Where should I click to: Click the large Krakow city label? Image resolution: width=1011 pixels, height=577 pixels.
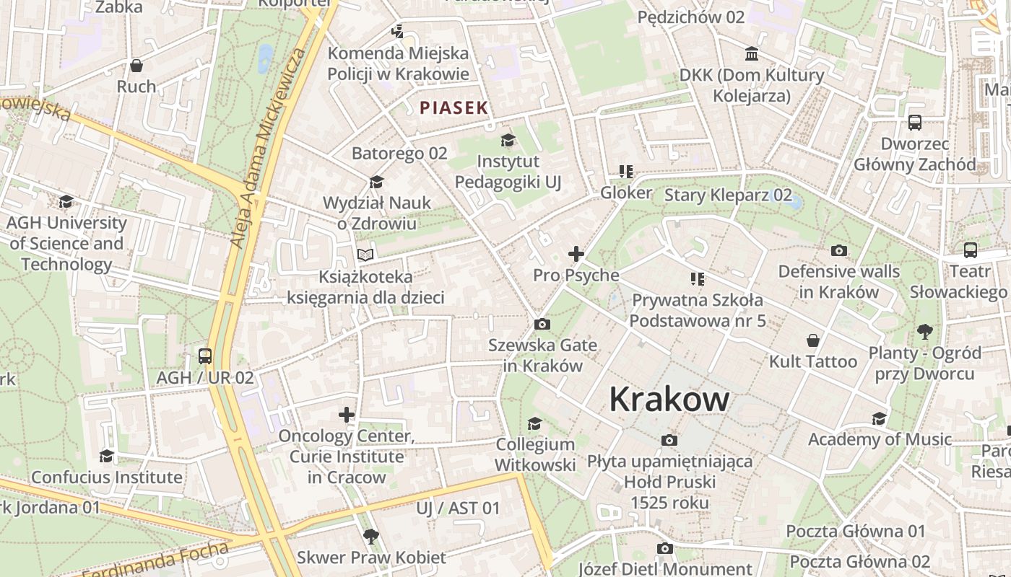(669, 399)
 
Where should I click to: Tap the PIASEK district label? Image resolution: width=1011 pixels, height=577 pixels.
(454, 108)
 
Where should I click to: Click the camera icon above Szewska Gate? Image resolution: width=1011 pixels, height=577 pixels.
(542, 325)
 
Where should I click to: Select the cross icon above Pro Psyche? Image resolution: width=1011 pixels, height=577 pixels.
(576, 254)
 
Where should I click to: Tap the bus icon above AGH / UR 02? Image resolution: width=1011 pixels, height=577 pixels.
(205, 356)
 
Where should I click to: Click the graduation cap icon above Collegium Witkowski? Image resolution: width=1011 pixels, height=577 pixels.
(534, 423)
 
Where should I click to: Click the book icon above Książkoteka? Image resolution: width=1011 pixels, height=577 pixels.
(366, 255)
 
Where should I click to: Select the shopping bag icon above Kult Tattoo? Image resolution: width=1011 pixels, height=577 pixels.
(813, 340)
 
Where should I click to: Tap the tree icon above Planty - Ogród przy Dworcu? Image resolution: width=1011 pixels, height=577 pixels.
(925, 332)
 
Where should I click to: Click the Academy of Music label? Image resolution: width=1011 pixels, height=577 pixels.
(880, 439)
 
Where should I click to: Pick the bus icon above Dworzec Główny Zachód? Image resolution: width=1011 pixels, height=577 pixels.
(915, 122)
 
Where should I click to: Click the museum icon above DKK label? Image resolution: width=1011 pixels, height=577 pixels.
(752, 54)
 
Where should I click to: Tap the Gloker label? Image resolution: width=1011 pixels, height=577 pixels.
(626, 193)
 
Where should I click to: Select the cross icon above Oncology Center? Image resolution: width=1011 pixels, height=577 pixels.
(347, 415)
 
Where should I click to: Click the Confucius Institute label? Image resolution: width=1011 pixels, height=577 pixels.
(107, 477)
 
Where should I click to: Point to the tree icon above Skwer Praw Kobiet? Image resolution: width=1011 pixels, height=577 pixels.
(371, 536)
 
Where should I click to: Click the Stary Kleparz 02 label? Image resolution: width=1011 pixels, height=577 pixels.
(728, 195)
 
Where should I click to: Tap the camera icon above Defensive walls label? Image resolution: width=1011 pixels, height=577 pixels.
(838, 250)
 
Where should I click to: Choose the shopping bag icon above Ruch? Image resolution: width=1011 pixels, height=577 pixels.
(136, 66)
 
